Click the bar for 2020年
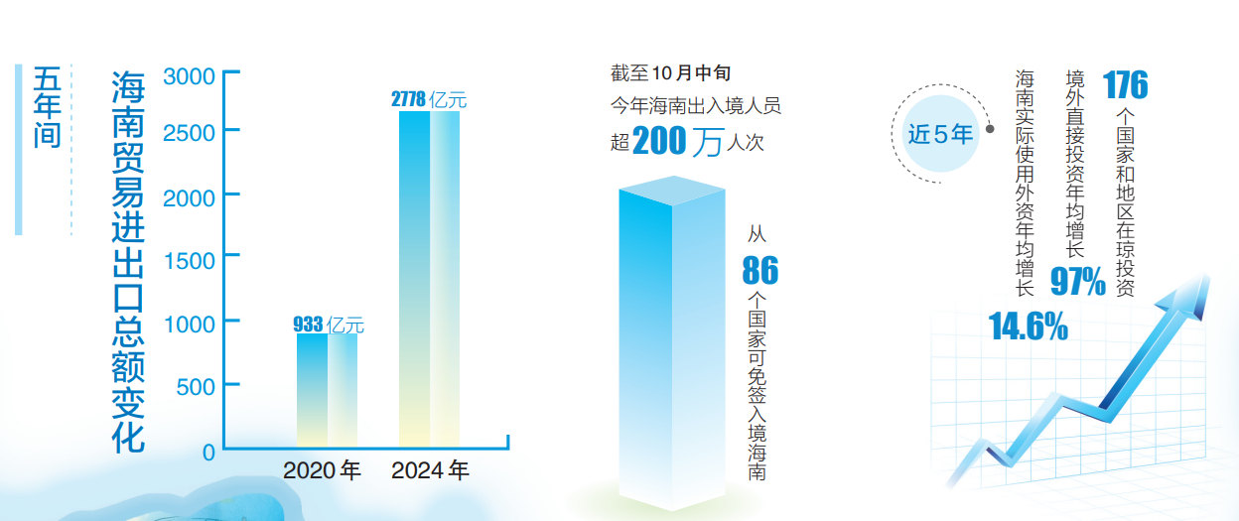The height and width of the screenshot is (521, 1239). point(327,389)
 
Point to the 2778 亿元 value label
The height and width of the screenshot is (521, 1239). point(429,99)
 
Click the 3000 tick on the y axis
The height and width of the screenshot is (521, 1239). point(190,76)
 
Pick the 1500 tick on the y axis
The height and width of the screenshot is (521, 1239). point(190,260)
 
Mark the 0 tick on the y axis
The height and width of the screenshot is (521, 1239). point(208,452)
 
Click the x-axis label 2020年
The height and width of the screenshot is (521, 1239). point(322,471)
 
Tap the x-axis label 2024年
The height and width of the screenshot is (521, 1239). point(430,471)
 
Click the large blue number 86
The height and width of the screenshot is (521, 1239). point(760,270)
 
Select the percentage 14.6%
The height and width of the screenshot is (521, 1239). point(1029,326)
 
